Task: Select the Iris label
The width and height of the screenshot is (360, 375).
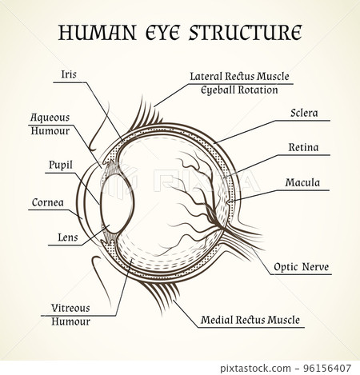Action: (x=69, y=74)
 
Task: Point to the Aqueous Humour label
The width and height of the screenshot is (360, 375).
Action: (x=50, y=123)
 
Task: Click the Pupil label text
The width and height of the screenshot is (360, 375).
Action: (x=60, y=165)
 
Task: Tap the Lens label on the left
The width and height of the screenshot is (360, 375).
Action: (x=68, y=237)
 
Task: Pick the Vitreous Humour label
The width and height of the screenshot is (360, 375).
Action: (x=71, y=314)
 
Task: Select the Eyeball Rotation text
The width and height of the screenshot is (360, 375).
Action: (x=239, y=90)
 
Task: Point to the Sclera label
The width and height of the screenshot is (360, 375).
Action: (x=304, y=113)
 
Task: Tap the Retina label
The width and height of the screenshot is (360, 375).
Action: (x=303, y=147)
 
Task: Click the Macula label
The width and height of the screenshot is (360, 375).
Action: (x=302, y=182)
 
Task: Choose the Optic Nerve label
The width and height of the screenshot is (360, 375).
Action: (x=301, y=267)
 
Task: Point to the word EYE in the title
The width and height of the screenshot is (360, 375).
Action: (x=162, y=33)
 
